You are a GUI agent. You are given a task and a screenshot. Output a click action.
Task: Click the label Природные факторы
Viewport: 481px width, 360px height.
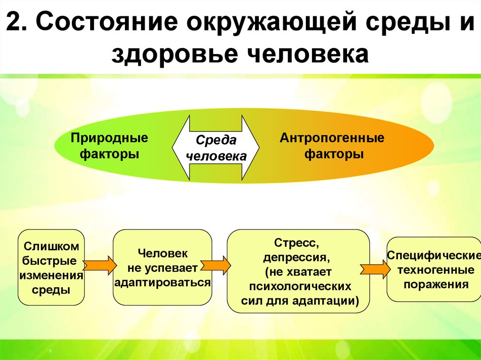tap(109, 146)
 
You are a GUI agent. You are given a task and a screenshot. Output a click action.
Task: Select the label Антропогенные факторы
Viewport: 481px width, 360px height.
tap(332, 146)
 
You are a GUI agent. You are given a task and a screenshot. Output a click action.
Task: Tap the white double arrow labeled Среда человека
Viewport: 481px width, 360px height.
tap(216, 148)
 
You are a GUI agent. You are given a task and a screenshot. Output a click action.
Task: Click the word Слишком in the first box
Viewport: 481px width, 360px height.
tap(52, 246)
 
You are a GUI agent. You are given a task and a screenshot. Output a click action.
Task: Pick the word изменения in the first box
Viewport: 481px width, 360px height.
tap(51, 275)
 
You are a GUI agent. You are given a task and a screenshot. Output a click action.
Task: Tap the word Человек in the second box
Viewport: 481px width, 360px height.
tap(163, 253)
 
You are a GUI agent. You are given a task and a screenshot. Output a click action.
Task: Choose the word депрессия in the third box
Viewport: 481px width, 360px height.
tap(297, 258)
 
